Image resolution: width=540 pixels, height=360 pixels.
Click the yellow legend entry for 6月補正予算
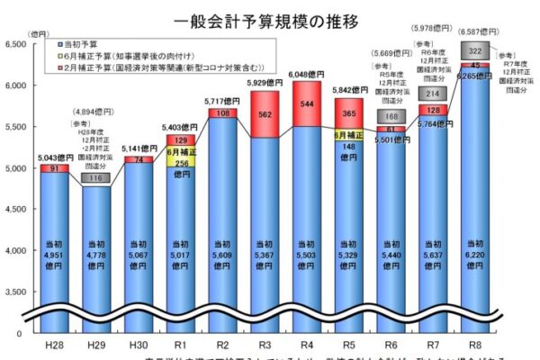click(x=134, y=54)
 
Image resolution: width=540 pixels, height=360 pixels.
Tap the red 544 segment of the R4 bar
click(x=308, y=103)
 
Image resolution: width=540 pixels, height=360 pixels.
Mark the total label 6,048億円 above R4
click(x=308, y=75)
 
